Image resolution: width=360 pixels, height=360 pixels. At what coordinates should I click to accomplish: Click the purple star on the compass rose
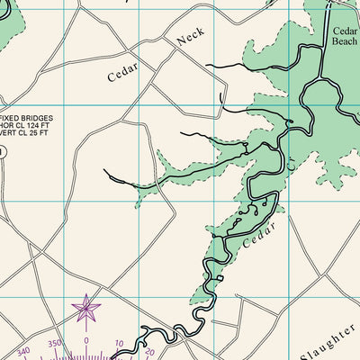(x=86, y=310)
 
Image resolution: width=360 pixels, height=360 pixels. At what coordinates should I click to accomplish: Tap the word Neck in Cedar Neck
(x=191, y=36)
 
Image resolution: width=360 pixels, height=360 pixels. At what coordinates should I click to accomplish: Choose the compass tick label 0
(x=86, y=341)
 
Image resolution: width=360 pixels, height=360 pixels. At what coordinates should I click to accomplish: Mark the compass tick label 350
(x=55, y=344)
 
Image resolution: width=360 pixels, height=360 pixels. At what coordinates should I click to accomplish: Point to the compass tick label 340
(x=24, y=351)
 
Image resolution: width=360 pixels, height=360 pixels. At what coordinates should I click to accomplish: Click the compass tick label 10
(x=119, y=344)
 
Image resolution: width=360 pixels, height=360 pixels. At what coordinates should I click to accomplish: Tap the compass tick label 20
(x=148, y=352)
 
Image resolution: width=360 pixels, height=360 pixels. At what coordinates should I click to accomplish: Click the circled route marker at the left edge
(x=2, y=152)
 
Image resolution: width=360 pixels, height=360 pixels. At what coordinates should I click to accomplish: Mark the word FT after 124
(x=47, y=127)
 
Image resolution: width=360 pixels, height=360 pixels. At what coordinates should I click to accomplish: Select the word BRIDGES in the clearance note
(x=39, y=118)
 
